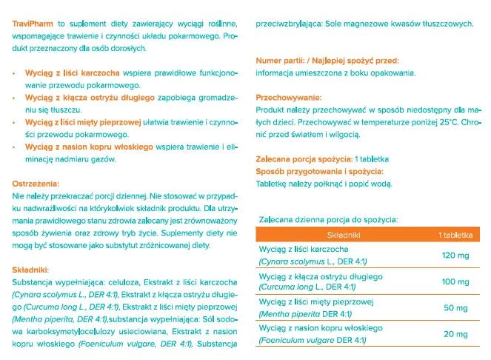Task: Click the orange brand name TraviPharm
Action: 34,24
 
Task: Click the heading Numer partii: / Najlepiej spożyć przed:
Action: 327,60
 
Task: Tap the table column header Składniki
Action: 341,234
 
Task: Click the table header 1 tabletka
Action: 455,234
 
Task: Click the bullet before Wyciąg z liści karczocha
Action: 14,75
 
